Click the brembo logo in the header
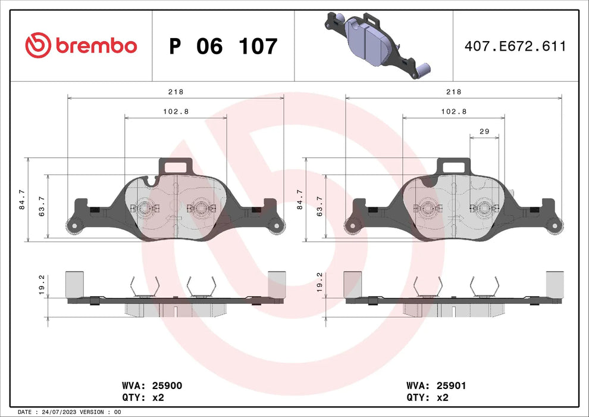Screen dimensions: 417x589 tap(81, 45)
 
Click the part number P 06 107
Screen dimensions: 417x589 tap(223, 46)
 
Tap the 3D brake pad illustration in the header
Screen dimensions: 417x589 tap(374, 45)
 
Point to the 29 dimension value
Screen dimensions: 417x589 tap(484, 130)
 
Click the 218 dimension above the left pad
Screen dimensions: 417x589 tap(176, 92)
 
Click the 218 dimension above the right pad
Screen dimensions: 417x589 tap(453, 92)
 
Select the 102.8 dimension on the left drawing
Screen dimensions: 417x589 tap(176, 111)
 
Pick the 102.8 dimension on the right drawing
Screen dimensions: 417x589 tap(453, 111)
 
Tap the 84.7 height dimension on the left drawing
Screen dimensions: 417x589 tap(22, 200)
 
